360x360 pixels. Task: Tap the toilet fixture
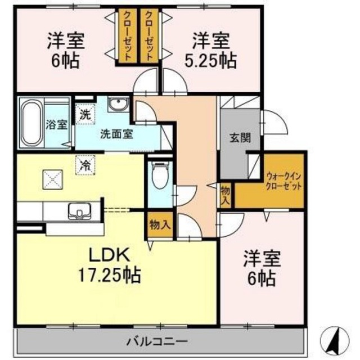point(161,175)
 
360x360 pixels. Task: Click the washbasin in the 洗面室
point(118,105)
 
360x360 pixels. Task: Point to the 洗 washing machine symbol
point(85,114)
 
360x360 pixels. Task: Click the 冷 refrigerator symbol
point(85,165)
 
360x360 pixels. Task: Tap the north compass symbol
point(335,340)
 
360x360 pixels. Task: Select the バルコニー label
point(157,342)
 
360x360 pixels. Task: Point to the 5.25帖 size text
point(210,61)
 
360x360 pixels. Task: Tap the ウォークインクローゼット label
point(283,181)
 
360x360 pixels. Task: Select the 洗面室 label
point(116,134)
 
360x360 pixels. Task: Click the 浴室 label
point(56,124)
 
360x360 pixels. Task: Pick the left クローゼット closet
point(128,36)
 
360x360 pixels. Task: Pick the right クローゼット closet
point(149,36)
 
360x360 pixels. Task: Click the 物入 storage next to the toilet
point(160,224)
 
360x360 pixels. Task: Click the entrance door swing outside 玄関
point(274,122)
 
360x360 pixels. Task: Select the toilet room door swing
point(185,196)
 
